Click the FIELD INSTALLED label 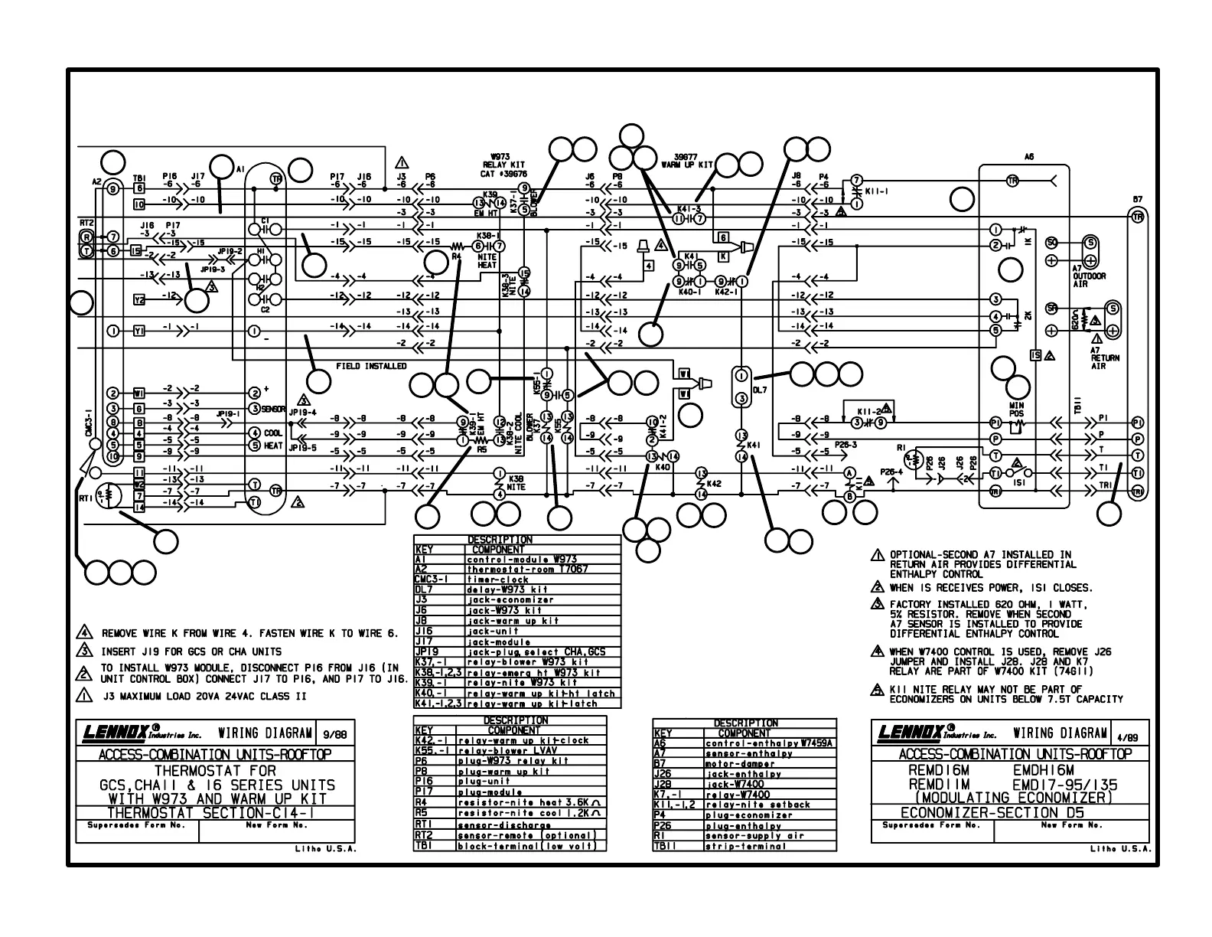point(371,367)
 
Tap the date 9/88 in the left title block point(335,733)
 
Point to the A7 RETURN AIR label point(1104,358)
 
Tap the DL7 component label point(761,390)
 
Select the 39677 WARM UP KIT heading point(687,160)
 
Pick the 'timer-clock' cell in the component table point(497,580)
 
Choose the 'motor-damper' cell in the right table point(735,763)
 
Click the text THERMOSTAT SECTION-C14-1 point(216,813)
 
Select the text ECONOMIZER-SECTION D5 point(1005,813)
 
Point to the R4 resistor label point(456,257)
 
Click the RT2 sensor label point(86,223)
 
